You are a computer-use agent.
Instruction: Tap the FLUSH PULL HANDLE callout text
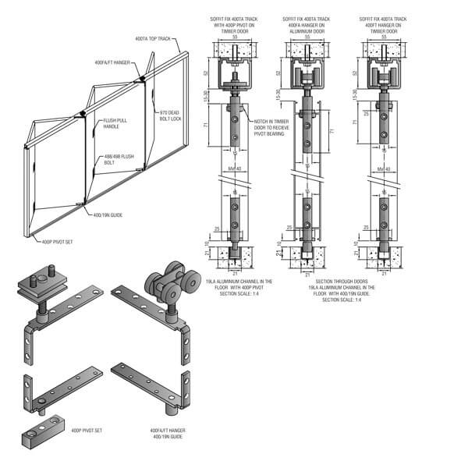click(115, 124)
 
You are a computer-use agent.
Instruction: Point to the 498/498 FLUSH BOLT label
click(116, 160)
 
